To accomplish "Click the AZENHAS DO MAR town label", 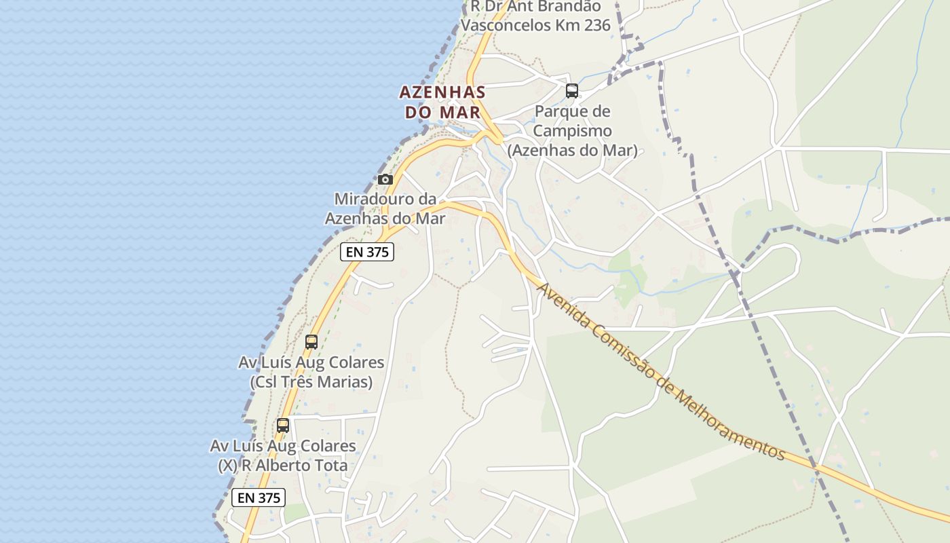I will coord(442,102).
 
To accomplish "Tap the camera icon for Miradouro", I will coord(385,179).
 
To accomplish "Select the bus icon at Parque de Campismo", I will coord(572,90).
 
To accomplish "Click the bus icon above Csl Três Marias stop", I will coord(311,342).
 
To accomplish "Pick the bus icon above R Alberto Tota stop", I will coord(283,426).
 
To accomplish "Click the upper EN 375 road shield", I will coord(367,252).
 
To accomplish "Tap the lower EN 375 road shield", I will coord(259,498).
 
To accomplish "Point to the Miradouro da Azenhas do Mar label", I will coord(385,209).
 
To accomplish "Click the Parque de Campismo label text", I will coord(573,121).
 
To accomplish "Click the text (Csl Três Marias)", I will coord(311,382).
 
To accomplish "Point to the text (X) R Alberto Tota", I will coord(283,466).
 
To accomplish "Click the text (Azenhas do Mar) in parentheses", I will coord(573,151).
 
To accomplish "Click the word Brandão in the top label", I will coord(573,7).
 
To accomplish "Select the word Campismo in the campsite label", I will coord(573,130).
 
